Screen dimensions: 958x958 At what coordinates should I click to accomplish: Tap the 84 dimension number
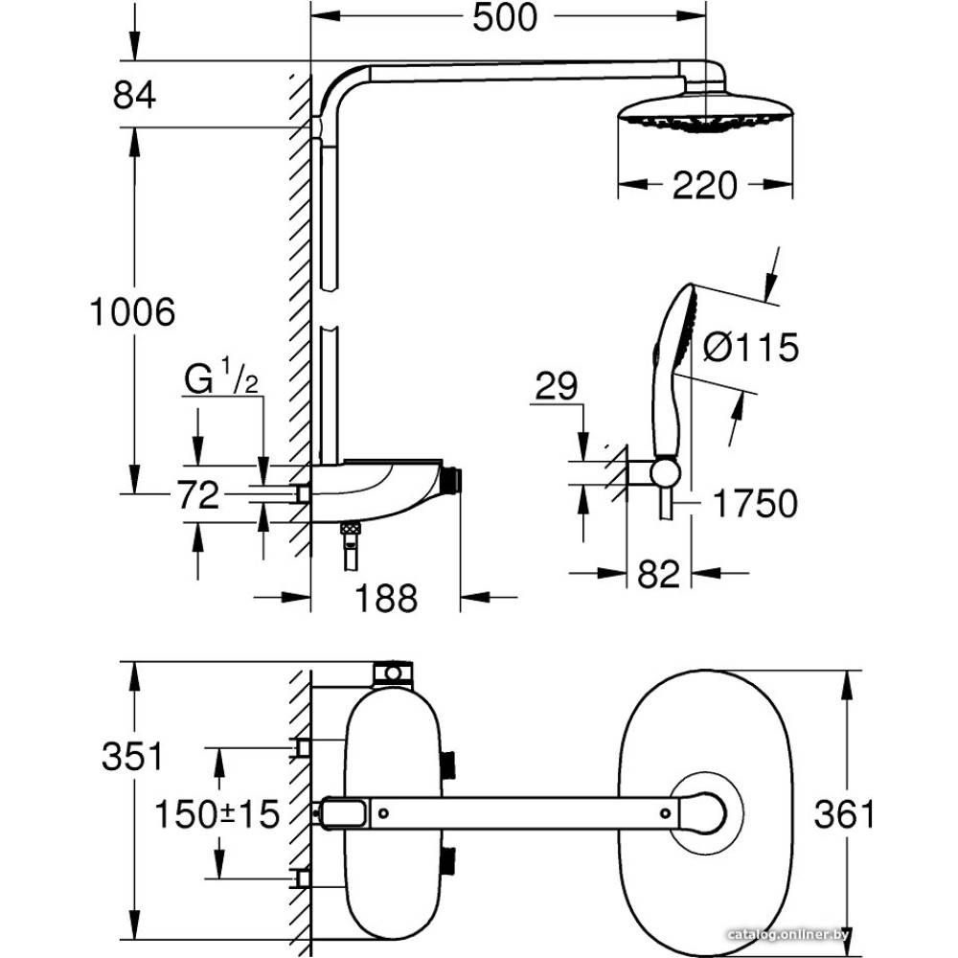click(134, 96)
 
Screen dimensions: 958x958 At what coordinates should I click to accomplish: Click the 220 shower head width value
click(705, 184)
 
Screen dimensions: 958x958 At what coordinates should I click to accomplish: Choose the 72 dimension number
click(197, 495)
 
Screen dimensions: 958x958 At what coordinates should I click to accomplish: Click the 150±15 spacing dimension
click(218, 814)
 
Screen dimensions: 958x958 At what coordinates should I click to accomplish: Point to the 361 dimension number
click(844, 814)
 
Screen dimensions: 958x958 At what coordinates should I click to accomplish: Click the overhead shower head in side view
click(706, 112)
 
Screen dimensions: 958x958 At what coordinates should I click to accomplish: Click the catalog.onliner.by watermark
click(787, 934)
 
